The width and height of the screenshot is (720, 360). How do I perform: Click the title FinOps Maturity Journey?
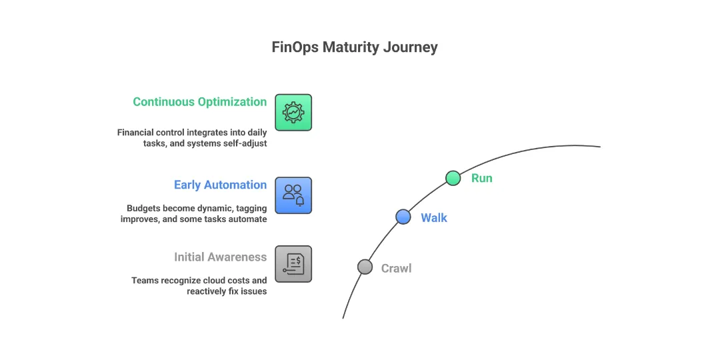pyautogui.click(x=355, y=47)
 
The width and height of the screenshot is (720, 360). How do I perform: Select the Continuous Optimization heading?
pyautogui.click(x=199, y=102)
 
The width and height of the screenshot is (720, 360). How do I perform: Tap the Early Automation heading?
pyautogui.click(x=220, y=185)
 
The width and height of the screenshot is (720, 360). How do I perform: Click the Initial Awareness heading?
pyautogui.click(x=220, y=257)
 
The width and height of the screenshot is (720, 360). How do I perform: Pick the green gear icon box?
pyautogui.click(x=293, y=112)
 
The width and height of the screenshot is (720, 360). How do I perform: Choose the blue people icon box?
pyautogui.click(x=293, y=195)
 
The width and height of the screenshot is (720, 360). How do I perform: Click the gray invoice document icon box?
pyautogui.click(x=293, y=264)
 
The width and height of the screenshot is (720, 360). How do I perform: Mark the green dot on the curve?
pyautogui.click(x=453, y=178)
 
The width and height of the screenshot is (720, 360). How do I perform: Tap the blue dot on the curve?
pyautogui.click(x=403, y=217)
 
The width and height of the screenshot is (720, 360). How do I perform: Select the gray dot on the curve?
pyautogui.click(x=365, y=267)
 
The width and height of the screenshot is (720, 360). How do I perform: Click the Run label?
pyautogui.click(x=481, y=178)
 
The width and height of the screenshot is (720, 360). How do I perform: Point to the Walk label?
pyautogui.click(x=434, y=218)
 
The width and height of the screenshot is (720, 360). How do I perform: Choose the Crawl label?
pyautogui.click(x=396, y=269)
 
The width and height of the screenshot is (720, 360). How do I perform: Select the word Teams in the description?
pyautogui.click(x=145, y=280)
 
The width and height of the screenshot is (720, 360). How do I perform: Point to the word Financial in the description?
pyautogui.click(x=137, y=133)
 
